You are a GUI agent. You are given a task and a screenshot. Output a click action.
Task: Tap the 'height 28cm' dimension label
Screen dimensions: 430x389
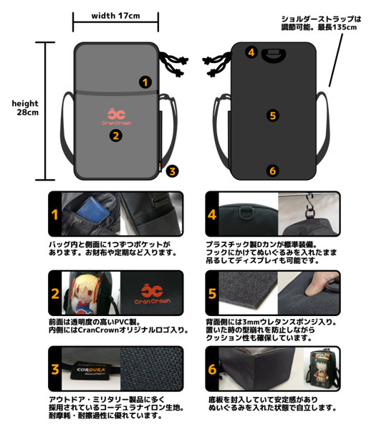coord(25,107)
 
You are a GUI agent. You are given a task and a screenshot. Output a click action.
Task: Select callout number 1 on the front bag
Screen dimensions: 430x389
coord(145,82)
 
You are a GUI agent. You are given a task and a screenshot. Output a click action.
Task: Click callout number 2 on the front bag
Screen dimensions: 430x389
coord(115,134)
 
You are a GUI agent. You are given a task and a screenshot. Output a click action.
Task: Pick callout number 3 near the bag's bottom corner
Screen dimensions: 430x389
coord(171,171)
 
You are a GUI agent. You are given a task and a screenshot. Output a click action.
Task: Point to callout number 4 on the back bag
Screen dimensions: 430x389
coord(251,52)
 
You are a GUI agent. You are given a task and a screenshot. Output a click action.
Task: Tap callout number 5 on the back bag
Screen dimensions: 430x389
coord(272,115)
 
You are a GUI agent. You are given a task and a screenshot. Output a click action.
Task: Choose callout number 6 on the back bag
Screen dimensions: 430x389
coord(272,170)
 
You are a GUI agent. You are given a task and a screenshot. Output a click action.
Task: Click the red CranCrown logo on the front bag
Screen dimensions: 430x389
coord(116,116)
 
